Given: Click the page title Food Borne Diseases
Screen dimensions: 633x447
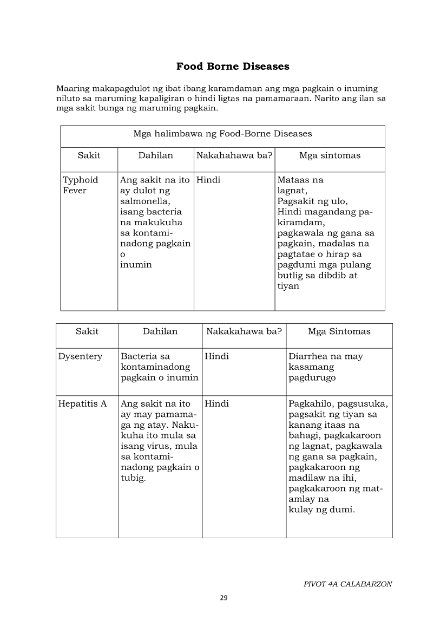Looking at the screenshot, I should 233,67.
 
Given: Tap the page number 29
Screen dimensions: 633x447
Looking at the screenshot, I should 223,598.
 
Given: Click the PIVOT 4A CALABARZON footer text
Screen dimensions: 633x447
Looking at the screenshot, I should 347,584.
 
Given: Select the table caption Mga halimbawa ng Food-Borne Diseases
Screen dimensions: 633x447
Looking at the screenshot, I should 222,133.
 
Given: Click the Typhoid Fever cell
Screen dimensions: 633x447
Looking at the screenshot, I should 80,185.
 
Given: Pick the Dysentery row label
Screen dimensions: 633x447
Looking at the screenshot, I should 80,356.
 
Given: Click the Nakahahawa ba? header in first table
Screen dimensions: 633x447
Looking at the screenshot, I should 234,155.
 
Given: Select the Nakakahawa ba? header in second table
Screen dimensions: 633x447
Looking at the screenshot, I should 244,331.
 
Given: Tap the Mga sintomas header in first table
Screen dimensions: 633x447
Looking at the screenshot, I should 330,155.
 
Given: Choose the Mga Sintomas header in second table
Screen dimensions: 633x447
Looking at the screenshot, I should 339,331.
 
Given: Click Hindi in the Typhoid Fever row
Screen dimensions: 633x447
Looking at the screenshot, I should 208,180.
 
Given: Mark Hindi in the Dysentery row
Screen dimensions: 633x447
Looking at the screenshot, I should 217,356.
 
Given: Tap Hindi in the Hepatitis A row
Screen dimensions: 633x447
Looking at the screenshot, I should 217,404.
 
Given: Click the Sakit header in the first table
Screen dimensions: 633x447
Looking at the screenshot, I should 89,155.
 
